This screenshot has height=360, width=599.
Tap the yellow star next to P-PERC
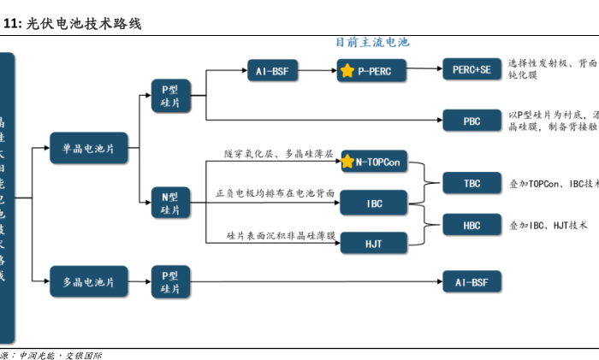click(x=347, y=71)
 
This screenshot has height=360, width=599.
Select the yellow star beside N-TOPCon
click(x=348, y=161)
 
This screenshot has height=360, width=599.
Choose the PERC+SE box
click(x=471, y=70)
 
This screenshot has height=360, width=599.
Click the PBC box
click(x=471, y=121)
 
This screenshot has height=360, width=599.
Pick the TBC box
click(x=471, y=184)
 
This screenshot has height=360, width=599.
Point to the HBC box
click(x=471, y=226)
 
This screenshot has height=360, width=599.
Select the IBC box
click(x=374, y=204)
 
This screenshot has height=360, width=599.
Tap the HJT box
click(x=374, y=244)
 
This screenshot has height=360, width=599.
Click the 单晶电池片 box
click(x=88, y=149)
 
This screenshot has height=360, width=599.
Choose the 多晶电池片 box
click(x=88, y=280)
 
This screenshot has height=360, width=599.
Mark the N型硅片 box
click(x=170, y=203)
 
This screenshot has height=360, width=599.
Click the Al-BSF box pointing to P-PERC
click(x=272, y=71)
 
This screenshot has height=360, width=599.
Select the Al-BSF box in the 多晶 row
click(x=471, y=281)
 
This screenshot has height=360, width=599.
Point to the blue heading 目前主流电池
click(x=372, y=42)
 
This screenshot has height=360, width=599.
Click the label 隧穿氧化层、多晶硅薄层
click(x=278, y=154)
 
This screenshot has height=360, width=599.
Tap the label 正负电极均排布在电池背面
click(x=275, y=194)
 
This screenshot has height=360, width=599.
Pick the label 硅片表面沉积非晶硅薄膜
click(x=280, y=234)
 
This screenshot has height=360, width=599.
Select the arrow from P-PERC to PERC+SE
click(x=424, y=71)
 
